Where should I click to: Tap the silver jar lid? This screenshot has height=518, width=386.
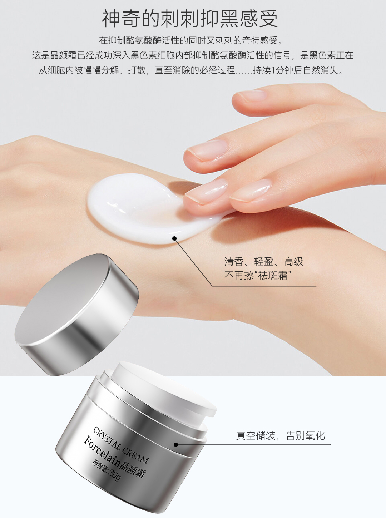pos(77,315)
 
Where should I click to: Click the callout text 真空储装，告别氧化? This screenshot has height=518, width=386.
pos(280,435)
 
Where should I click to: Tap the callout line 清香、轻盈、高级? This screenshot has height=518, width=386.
pos(263,261)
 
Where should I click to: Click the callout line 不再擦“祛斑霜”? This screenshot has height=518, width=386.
pos(257,275)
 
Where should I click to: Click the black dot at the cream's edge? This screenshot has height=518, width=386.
pos(175,238)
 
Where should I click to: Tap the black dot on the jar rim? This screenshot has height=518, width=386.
pos(176,445)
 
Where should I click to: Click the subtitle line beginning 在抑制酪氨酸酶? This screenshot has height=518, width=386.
pos(190,41)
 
